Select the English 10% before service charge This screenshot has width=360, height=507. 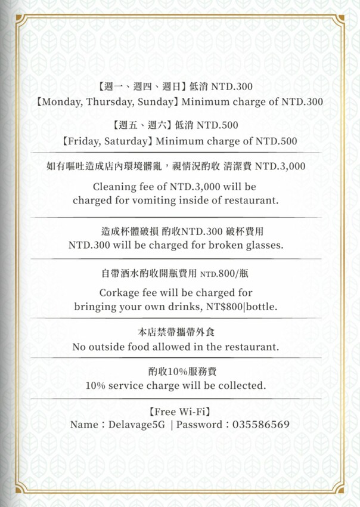[96, 386]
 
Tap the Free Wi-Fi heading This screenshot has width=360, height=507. [180, 411]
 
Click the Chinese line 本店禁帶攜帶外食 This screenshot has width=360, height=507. [180, 332]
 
